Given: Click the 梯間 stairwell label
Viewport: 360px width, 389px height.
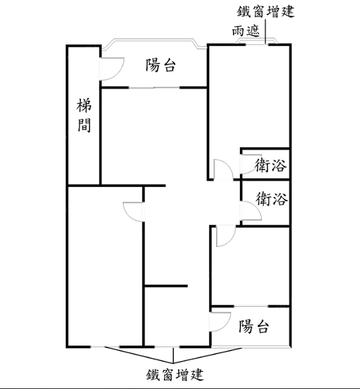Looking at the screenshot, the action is pos(84,115).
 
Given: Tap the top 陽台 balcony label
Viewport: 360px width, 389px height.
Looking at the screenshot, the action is pos(161,65).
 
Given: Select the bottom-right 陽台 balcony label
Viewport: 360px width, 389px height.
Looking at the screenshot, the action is pos(253,326).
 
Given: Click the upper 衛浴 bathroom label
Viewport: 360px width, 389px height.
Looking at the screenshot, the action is pos(271,165).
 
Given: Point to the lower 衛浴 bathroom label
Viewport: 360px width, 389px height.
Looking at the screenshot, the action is pos(272,198).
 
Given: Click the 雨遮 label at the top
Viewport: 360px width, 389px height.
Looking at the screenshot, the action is pos(245,31).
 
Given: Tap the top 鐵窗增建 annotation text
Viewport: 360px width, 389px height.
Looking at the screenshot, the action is pos(265,12).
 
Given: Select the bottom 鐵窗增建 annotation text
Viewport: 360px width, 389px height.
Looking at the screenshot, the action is pos(175,375).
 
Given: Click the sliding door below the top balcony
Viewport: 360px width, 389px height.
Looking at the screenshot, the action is pos(154,87).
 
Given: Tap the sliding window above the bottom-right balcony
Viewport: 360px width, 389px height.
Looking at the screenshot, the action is pos(251,307).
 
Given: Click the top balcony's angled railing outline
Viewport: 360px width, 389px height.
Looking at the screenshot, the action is pos(154,40).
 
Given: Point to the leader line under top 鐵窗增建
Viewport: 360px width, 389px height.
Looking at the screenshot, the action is pos(265,32).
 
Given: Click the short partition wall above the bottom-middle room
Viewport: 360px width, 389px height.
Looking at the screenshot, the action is pos(166,286).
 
